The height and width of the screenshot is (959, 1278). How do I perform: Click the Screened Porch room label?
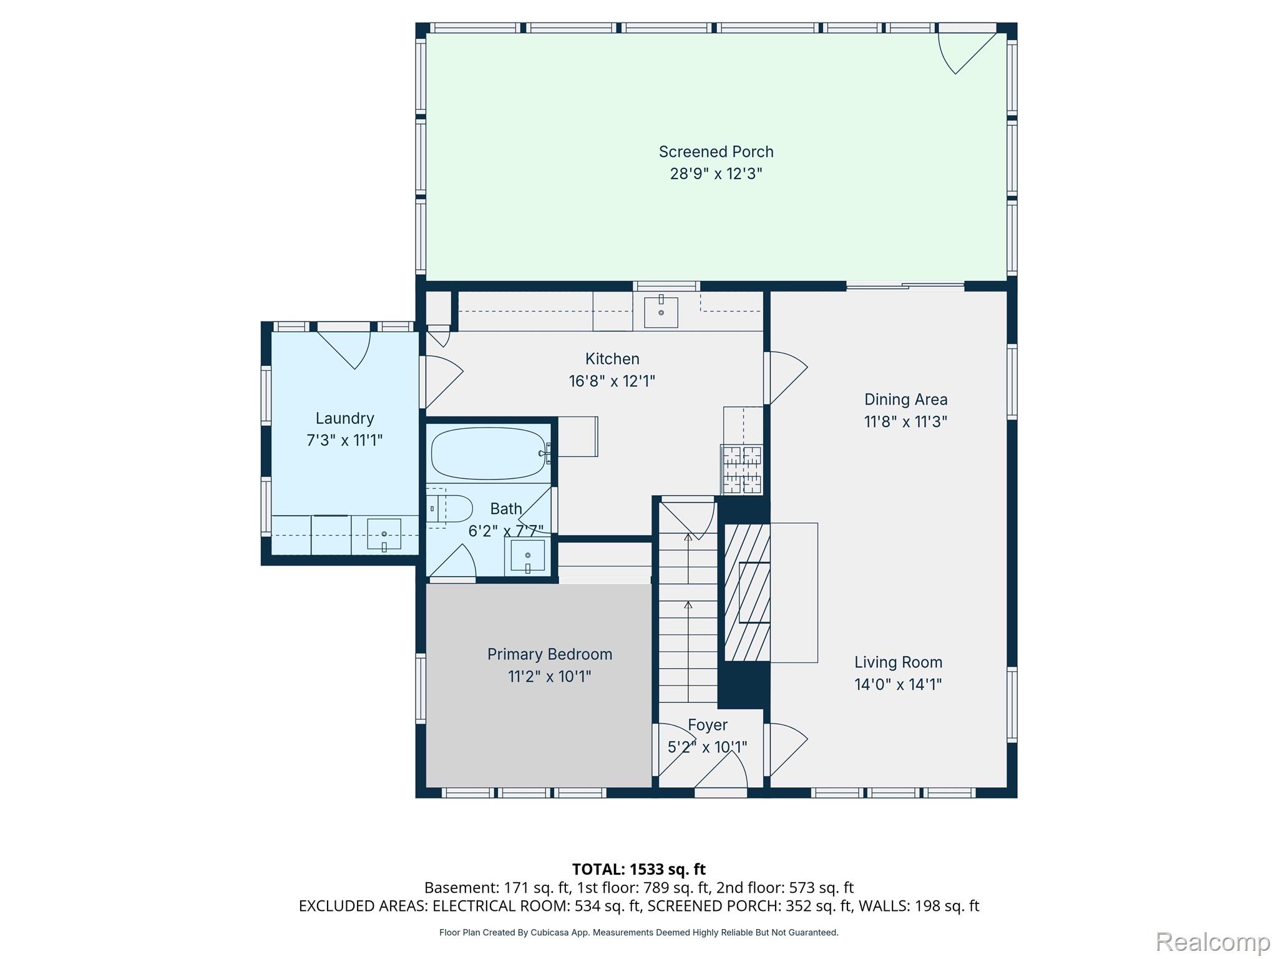pyautogui.click(x=716, y=152)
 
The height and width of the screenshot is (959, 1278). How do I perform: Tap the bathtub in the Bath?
pyautogui.click(x=489, y=453)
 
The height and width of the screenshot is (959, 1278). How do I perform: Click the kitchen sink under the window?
pyautogui.click(x=661, y=312)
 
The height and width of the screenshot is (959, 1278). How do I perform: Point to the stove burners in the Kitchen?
pyautogui.click(x=742, y=469)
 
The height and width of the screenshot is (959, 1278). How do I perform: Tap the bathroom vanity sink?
pyautogui.click(x=528, y=556)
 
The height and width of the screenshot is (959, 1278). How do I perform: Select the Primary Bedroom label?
pyautogui.click(x=550, y=654)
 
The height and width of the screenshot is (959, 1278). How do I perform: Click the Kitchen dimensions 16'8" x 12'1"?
pyautogui.click(x=612, y=381)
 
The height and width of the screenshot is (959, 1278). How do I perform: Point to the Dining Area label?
pyautogui.click(x=906, y=400)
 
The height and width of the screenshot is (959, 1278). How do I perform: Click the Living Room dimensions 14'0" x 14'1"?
pyautogui.click(x=898, y=684)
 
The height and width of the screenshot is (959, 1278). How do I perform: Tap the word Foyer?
pyautogui.click(x=708, y=725)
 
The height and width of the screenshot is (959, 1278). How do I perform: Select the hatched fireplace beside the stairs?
pyautogui.click(x=747, y=592)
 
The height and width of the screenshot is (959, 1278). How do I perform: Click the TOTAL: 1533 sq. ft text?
pyautogui.click(x=639, y=869)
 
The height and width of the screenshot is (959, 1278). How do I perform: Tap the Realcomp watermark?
pyautogui.click(x=1213, y=942)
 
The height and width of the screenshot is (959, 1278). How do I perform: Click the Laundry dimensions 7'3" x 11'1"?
pyautogui.click(x=344, y=440)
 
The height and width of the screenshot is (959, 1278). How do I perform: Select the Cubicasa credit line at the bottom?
pyautogui.click(x=639, y=932)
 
